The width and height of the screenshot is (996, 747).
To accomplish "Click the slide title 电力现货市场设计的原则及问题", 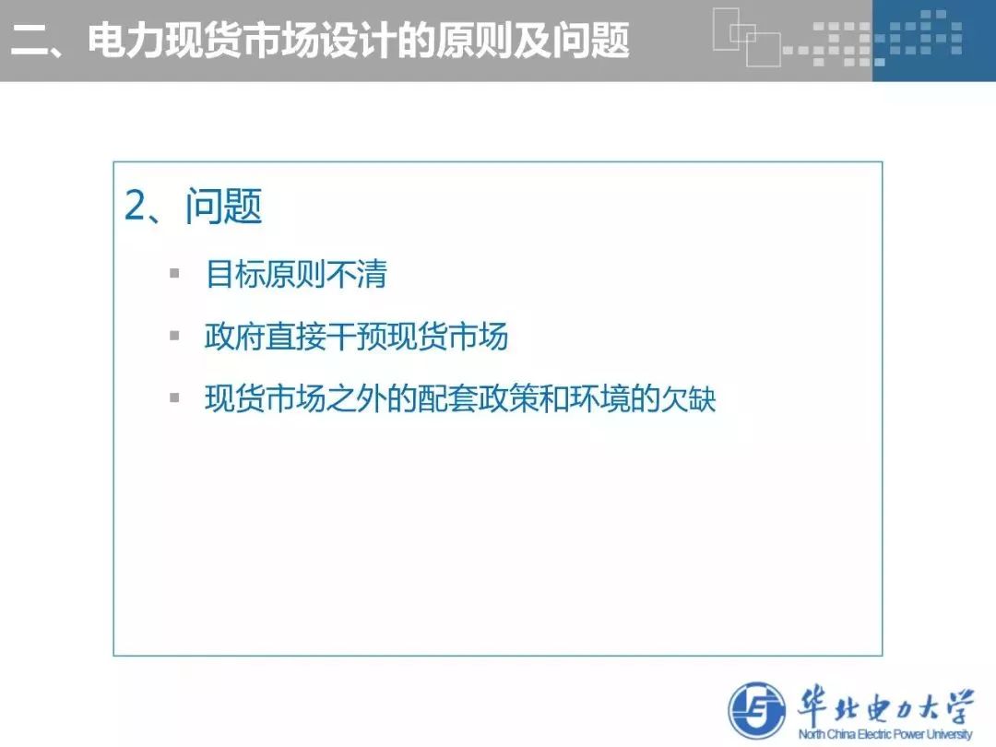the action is (x=359, y=41).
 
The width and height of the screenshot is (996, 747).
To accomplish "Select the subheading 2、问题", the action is (x=193, y=206).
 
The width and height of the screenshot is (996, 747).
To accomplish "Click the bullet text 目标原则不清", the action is (x=297, y=275).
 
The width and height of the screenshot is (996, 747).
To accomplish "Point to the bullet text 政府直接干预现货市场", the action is (x=356, y=336).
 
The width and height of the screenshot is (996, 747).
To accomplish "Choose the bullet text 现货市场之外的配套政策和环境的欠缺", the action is (x=460, y=398).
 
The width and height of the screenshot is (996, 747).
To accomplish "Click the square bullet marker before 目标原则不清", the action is (x=174, y=274).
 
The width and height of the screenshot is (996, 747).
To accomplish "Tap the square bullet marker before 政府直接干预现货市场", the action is (x=174, y=336).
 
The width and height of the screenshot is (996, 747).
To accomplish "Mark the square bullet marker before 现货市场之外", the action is (x=174, y=397).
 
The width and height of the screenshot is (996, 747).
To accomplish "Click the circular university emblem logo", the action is (x=756, y=711).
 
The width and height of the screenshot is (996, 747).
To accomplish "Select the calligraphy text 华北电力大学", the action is (x=884, y=705).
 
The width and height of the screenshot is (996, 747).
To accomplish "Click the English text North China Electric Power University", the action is (x=884, y=734).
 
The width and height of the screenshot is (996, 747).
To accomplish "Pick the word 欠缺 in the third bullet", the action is (x=687, y=398).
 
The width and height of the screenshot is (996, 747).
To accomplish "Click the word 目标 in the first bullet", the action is (x=235, y=275).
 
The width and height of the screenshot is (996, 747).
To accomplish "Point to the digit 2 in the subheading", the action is (x=135, y=206).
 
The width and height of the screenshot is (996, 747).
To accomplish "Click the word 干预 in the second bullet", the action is (x=356, y=336).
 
